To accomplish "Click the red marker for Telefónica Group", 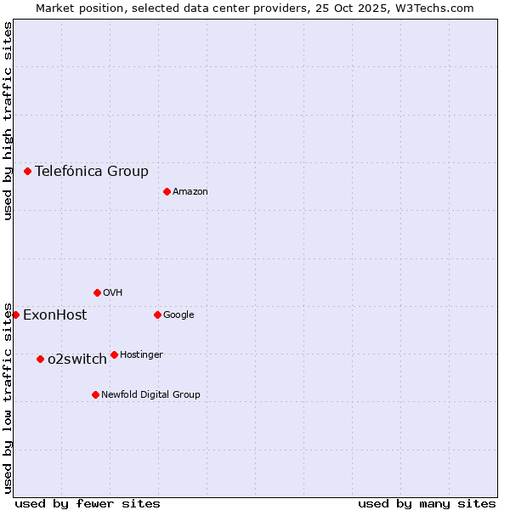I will click(27, 171).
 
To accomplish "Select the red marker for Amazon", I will click(167, 191).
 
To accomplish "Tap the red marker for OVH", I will click(97, 292).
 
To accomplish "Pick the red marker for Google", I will click(157, 314).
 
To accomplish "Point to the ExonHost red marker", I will click(15, 314).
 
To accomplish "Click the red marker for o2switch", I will click(40, 359).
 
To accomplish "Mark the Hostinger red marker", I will click(114, 354).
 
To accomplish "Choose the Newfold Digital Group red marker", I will click(95, 394).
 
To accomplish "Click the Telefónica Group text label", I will click(92, 171).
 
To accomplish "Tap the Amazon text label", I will click(190, 192).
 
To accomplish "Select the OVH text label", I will click(113, 293).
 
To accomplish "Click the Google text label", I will click(178, 315).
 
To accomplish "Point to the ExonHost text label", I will click(54, 315).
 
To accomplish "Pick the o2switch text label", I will click(77, 360).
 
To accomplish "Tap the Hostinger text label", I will click(141, 355).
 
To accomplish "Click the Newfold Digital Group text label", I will click(150, 395).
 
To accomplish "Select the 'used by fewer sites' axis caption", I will click(88, 503).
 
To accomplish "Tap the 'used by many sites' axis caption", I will click(427, 503).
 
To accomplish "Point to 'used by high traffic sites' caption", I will click(8, 121).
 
